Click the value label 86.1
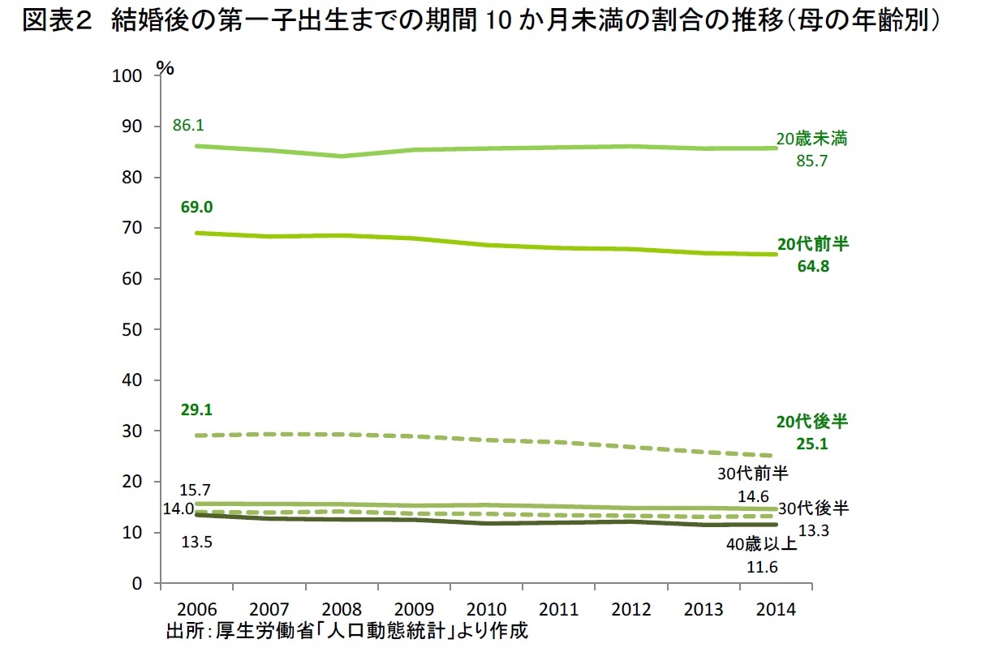tap(188, 126)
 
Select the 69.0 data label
tap(197, 208)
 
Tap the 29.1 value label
tap(197, 410)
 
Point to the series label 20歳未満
tap(811, 139)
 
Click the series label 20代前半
tap(812, 244)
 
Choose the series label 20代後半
tap(812, 422)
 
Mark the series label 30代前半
tap(753, 474)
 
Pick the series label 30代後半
tap(813, 508)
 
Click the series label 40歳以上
tap(762, 543)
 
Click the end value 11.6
tap(762, 567)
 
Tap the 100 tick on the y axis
tap(130, 76)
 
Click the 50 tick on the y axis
tap(134, 330)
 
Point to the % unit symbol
tap(166, 69)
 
